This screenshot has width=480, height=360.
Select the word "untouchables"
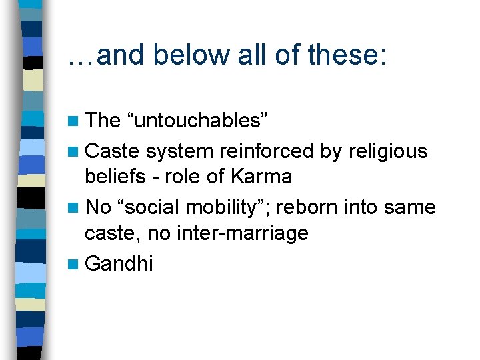click(x=197, y=120)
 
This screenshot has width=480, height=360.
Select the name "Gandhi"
click(x=119, y=264)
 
